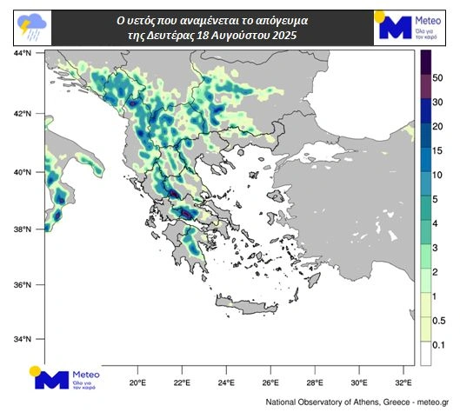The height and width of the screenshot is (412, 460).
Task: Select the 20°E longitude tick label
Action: click(137, 382)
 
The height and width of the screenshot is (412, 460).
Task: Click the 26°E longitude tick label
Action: click(270, 382)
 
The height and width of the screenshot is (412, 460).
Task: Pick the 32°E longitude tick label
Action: click(403, 382)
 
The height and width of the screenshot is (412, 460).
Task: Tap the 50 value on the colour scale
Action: click(438, 78)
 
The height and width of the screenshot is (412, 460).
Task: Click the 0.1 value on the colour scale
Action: click(438, 345)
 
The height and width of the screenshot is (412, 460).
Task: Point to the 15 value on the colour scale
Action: click(438, 151)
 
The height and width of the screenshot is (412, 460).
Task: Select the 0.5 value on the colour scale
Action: click(438, 321)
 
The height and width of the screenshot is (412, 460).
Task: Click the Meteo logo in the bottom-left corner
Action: click(65, 377)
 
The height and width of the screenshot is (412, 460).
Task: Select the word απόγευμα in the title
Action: click(283, 18)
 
